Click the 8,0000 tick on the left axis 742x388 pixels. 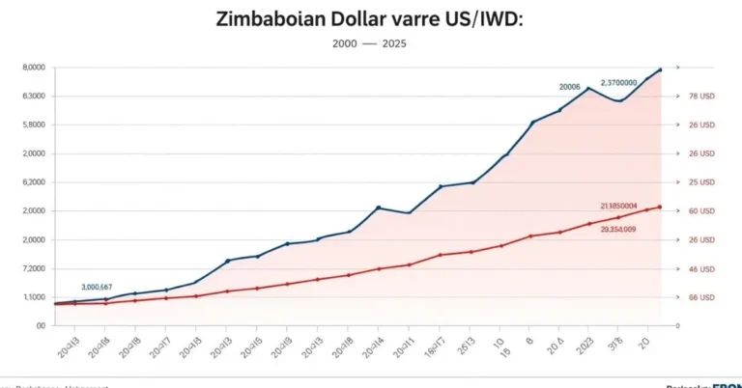33,68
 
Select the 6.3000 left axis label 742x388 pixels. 33,97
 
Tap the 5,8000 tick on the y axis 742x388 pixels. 33,125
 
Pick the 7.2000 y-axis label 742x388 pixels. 33,268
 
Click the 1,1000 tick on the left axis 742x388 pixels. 33,297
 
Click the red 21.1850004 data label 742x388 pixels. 618,206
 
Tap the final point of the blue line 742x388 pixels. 660,69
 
